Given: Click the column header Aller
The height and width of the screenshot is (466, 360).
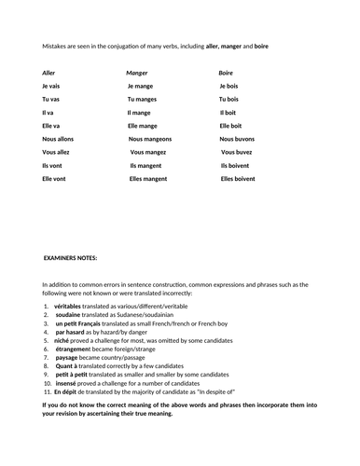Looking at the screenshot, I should tap(49, 72).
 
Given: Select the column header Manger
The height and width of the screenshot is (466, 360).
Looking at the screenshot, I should tap(138, 72).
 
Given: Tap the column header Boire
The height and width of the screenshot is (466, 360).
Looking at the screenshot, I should tap(227, 72).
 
